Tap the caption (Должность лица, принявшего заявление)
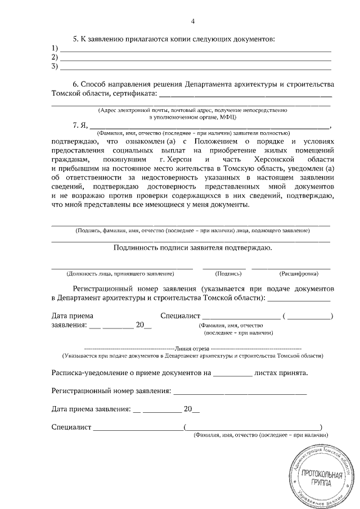point(120,274)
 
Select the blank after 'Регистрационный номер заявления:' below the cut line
point(240,390)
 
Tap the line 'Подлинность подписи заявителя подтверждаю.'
point(193,247)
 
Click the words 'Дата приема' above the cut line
point(73,316)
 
